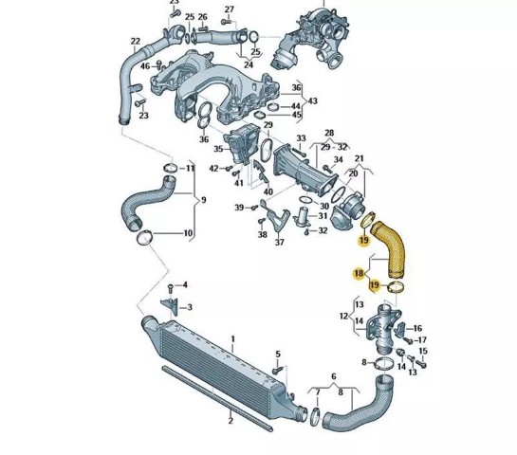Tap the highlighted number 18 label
[x=359, y=273]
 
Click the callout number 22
[x=136, y=42]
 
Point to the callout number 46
[x=145, y=66]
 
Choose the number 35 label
[x=218, y=149]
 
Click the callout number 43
[x=312, y=100]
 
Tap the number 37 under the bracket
[x=279, y=242]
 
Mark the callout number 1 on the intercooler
[x=233, y=339]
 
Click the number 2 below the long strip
[x=231, y=421]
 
